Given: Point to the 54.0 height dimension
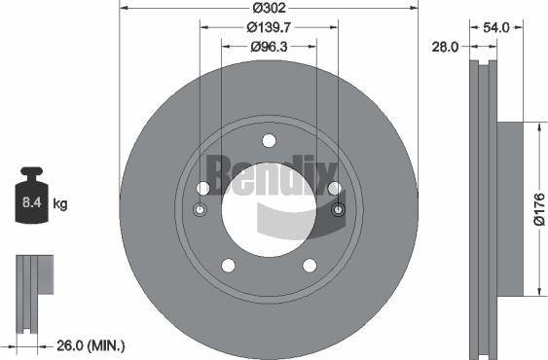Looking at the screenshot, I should [x=496, y=28].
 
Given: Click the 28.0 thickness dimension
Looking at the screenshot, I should [x=447, y=45].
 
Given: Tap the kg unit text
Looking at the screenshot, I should [x=60, y=204].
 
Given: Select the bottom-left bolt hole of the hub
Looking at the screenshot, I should [x=228, y=266].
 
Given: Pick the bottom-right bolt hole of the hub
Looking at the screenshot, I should [x=310, y=266].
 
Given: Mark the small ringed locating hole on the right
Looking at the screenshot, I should [x=338, y=210].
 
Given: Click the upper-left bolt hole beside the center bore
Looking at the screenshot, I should [x=202, y=188].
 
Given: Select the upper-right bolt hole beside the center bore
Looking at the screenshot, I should [x=334, y=188].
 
